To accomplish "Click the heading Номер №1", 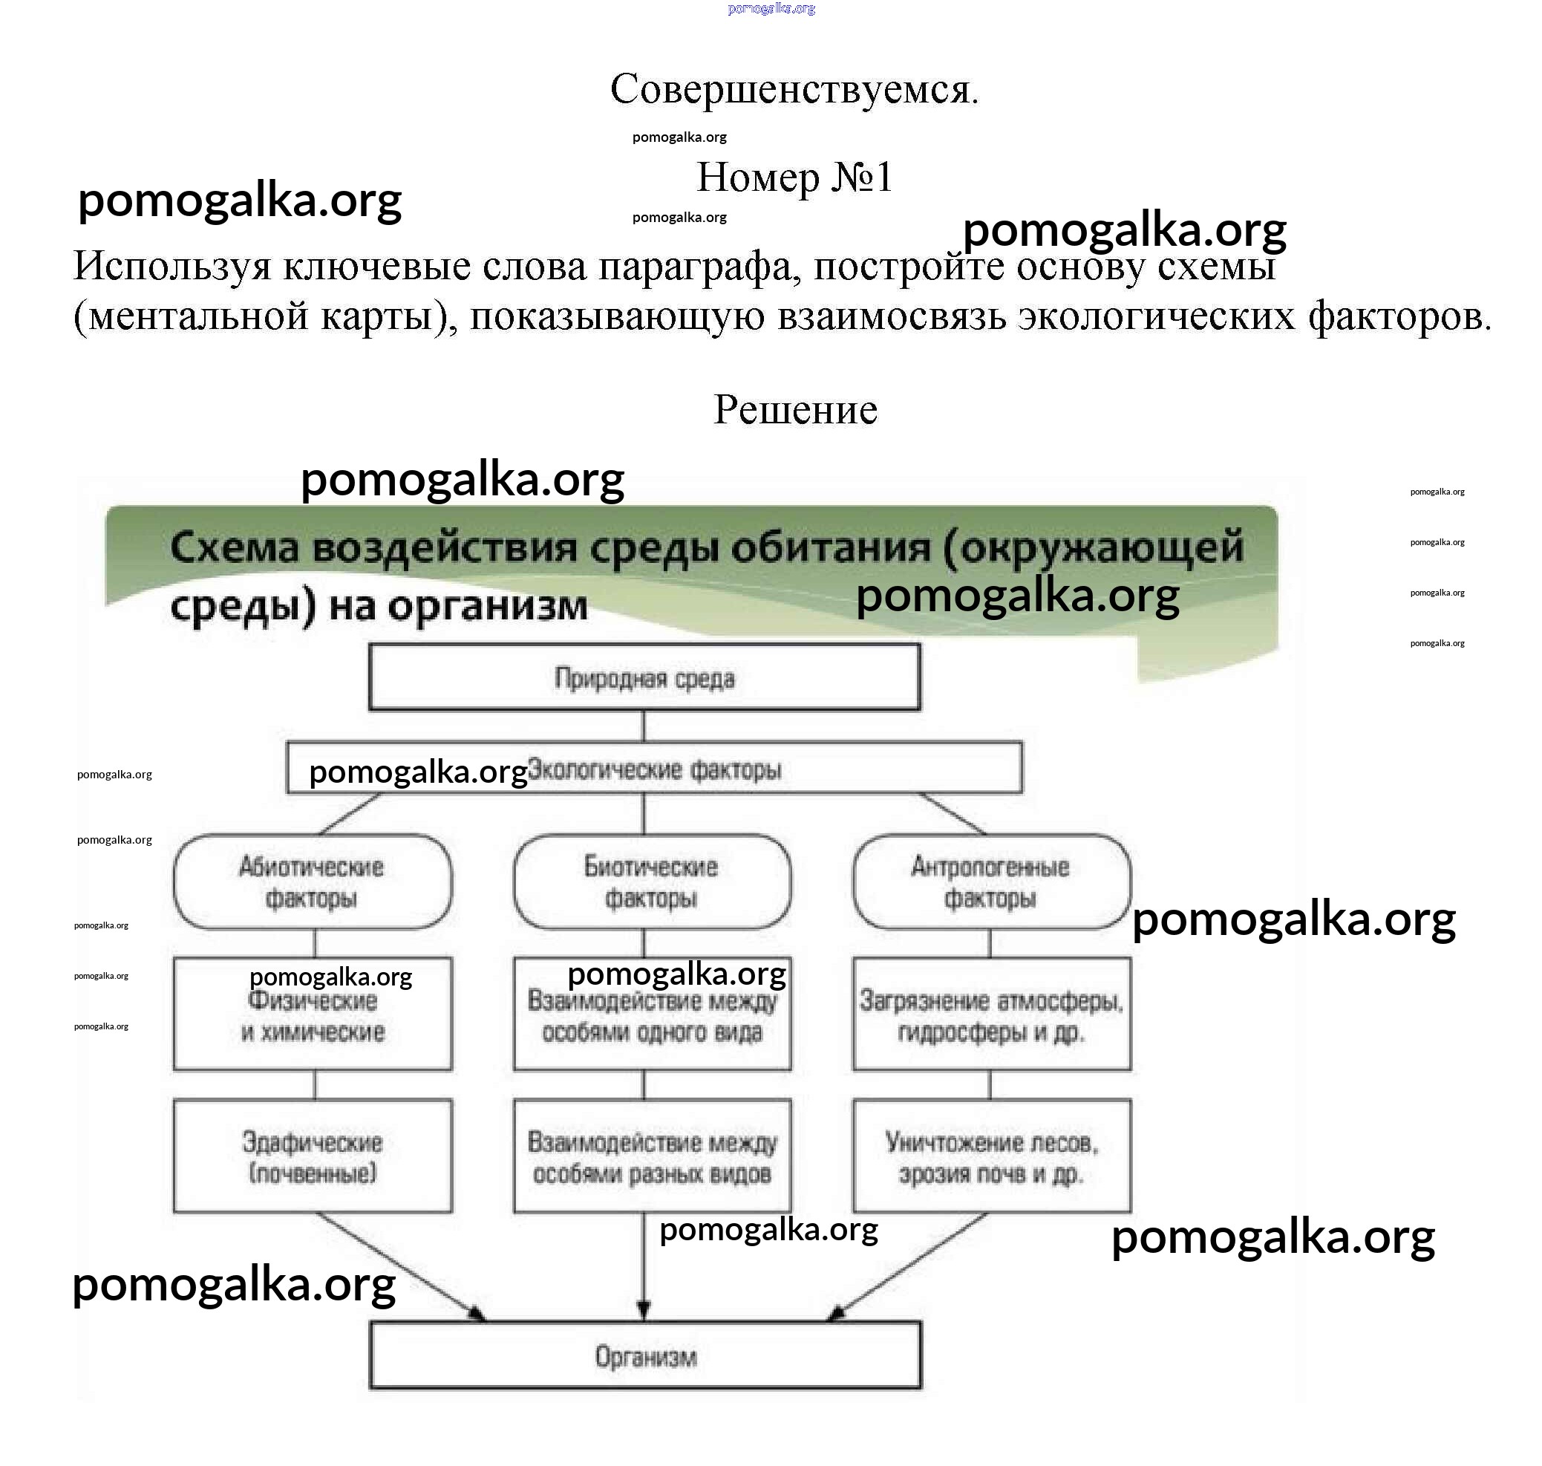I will coord(794,177).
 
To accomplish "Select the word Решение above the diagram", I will coord(795,409).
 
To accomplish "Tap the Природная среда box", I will coord(644,677).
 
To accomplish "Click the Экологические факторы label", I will coord(655,769).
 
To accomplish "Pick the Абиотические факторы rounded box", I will coord(313,882).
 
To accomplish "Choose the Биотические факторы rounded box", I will coord(652,882).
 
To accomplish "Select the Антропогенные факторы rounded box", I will coord(990,882).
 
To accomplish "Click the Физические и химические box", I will coord(313,1016).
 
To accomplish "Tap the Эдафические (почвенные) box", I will coord(313,1157).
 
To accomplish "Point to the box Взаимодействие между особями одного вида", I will coord(652,1016).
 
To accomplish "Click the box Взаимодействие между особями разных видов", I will coord(652,1157).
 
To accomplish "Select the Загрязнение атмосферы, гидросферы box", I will coord(990,1016).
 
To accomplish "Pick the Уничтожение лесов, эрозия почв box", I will coord(990,1157).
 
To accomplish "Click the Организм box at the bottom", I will coord(645,1357).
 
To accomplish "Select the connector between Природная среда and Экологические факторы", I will coord(644,726).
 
